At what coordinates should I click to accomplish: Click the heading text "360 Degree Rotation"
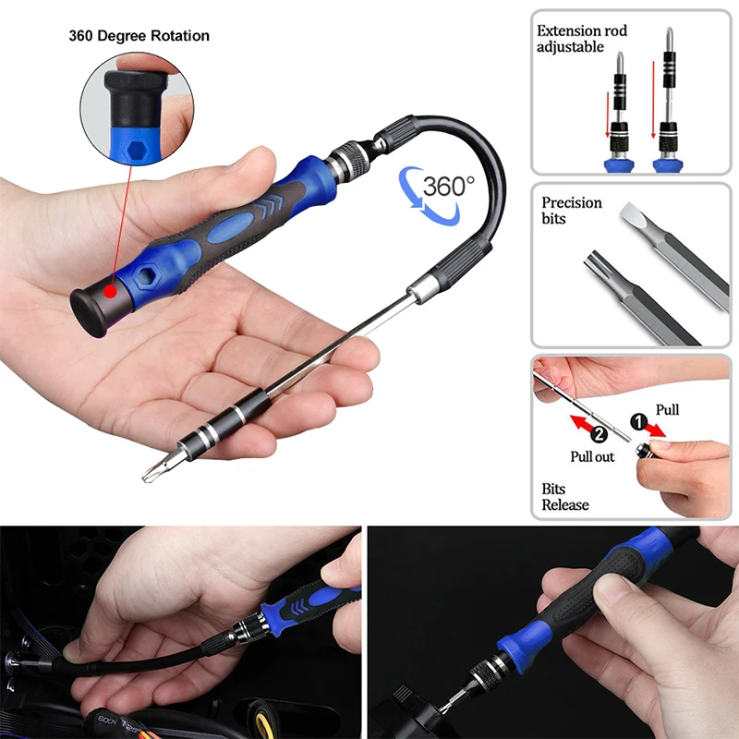(x=139, y=36)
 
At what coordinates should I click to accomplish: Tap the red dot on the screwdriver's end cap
(x=110, y=291)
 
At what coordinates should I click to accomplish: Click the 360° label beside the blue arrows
(x=449, y=187)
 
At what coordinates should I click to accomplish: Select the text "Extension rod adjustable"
(x=582, y=39)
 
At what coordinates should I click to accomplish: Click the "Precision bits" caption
(x=571, y=211)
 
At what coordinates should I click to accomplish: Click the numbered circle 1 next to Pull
(x=638, y=421)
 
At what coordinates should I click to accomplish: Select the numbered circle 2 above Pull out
(x=599, y=433)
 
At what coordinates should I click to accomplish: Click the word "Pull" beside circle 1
(x=667, y=409)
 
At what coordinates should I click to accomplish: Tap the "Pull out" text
(x=592, y=456)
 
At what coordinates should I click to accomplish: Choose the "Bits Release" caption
(x=565, y=497)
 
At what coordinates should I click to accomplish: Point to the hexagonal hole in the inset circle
(x=136, y=150)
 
